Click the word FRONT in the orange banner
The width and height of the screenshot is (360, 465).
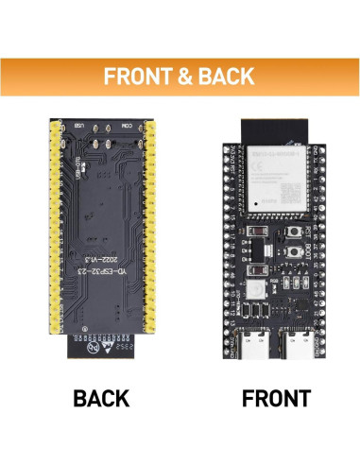(x=137, y=77)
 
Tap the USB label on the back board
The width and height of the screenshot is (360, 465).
(x=79, y=127)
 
